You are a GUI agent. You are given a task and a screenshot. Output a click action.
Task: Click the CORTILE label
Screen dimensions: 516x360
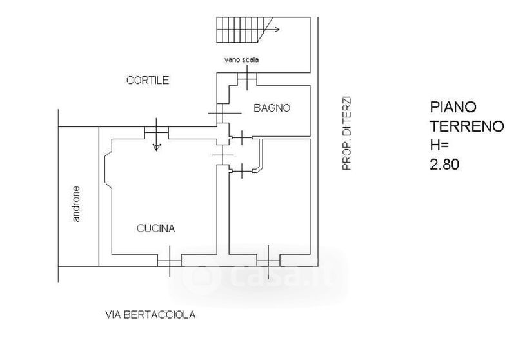click(x=148, y=80)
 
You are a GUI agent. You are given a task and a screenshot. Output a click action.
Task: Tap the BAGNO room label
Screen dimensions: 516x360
click(x=272, y=108)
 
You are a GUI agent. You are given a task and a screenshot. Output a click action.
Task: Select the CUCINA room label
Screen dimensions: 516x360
click(x=155, y=228)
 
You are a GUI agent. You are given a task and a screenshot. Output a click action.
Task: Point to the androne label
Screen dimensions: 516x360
click(x=76, y=204)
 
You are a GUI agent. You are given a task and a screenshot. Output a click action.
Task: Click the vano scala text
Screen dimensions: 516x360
click(x=241, y=59)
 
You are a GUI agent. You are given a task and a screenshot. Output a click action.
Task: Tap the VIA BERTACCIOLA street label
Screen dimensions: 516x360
click(x=150, y=315)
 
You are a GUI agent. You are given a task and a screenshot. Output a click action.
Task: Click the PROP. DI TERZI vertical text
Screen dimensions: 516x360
click(x=347, y=134)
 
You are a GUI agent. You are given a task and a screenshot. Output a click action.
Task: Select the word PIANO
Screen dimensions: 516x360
click(x=453, y=107)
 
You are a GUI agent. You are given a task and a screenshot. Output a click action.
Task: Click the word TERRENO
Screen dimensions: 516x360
click(x=467, y=126)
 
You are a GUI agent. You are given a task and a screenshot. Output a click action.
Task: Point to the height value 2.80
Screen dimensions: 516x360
click(x=444, y=165)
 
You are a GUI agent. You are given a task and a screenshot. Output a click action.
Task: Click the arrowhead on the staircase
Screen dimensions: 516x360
click(x=277, y=29)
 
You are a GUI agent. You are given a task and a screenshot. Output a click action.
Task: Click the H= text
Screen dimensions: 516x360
click(x=439, y=145)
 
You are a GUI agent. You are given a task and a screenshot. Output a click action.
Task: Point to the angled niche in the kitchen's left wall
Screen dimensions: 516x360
click(x=108, y=170)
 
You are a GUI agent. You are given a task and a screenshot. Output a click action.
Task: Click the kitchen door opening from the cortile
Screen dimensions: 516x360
click(x=157, y=133)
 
